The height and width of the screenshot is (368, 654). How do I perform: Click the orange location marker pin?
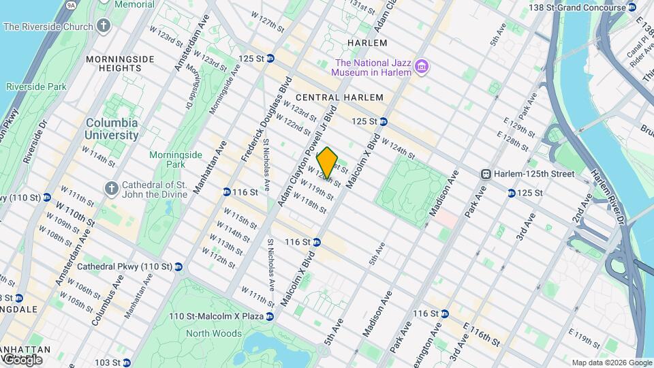point(328,162)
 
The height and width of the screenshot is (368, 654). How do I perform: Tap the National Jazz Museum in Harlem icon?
point(422,65)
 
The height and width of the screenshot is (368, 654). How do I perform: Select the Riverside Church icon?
point(104,27)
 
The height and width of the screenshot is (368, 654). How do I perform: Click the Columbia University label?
point(112,129)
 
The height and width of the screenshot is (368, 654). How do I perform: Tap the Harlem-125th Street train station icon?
point(486,174)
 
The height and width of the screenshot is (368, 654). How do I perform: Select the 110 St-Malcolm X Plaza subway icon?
point(270,317)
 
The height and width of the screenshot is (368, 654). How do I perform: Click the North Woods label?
point(214,333)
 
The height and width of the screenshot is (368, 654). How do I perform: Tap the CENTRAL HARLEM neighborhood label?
point(349,97)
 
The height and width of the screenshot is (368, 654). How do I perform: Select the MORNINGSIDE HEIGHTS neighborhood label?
point(123,64)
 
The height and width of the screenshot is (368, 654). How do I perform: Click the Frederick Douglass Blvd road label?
point(266,120)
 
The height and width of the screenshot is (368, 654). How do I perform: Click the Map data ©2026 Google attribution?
point(611,363)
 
